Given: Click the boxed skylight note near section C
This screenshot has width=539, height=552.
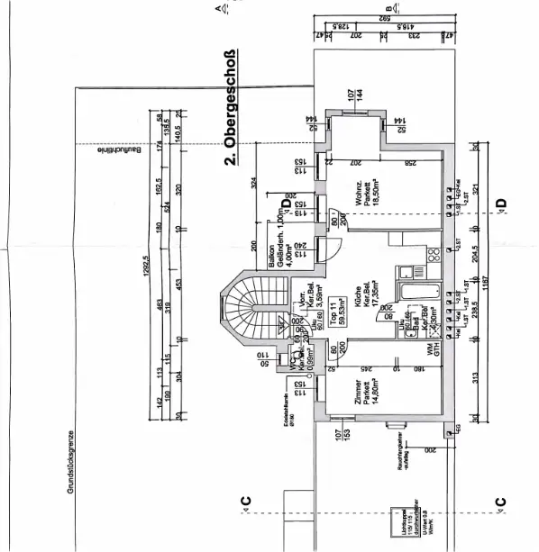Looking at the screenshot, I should [395, 521].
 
